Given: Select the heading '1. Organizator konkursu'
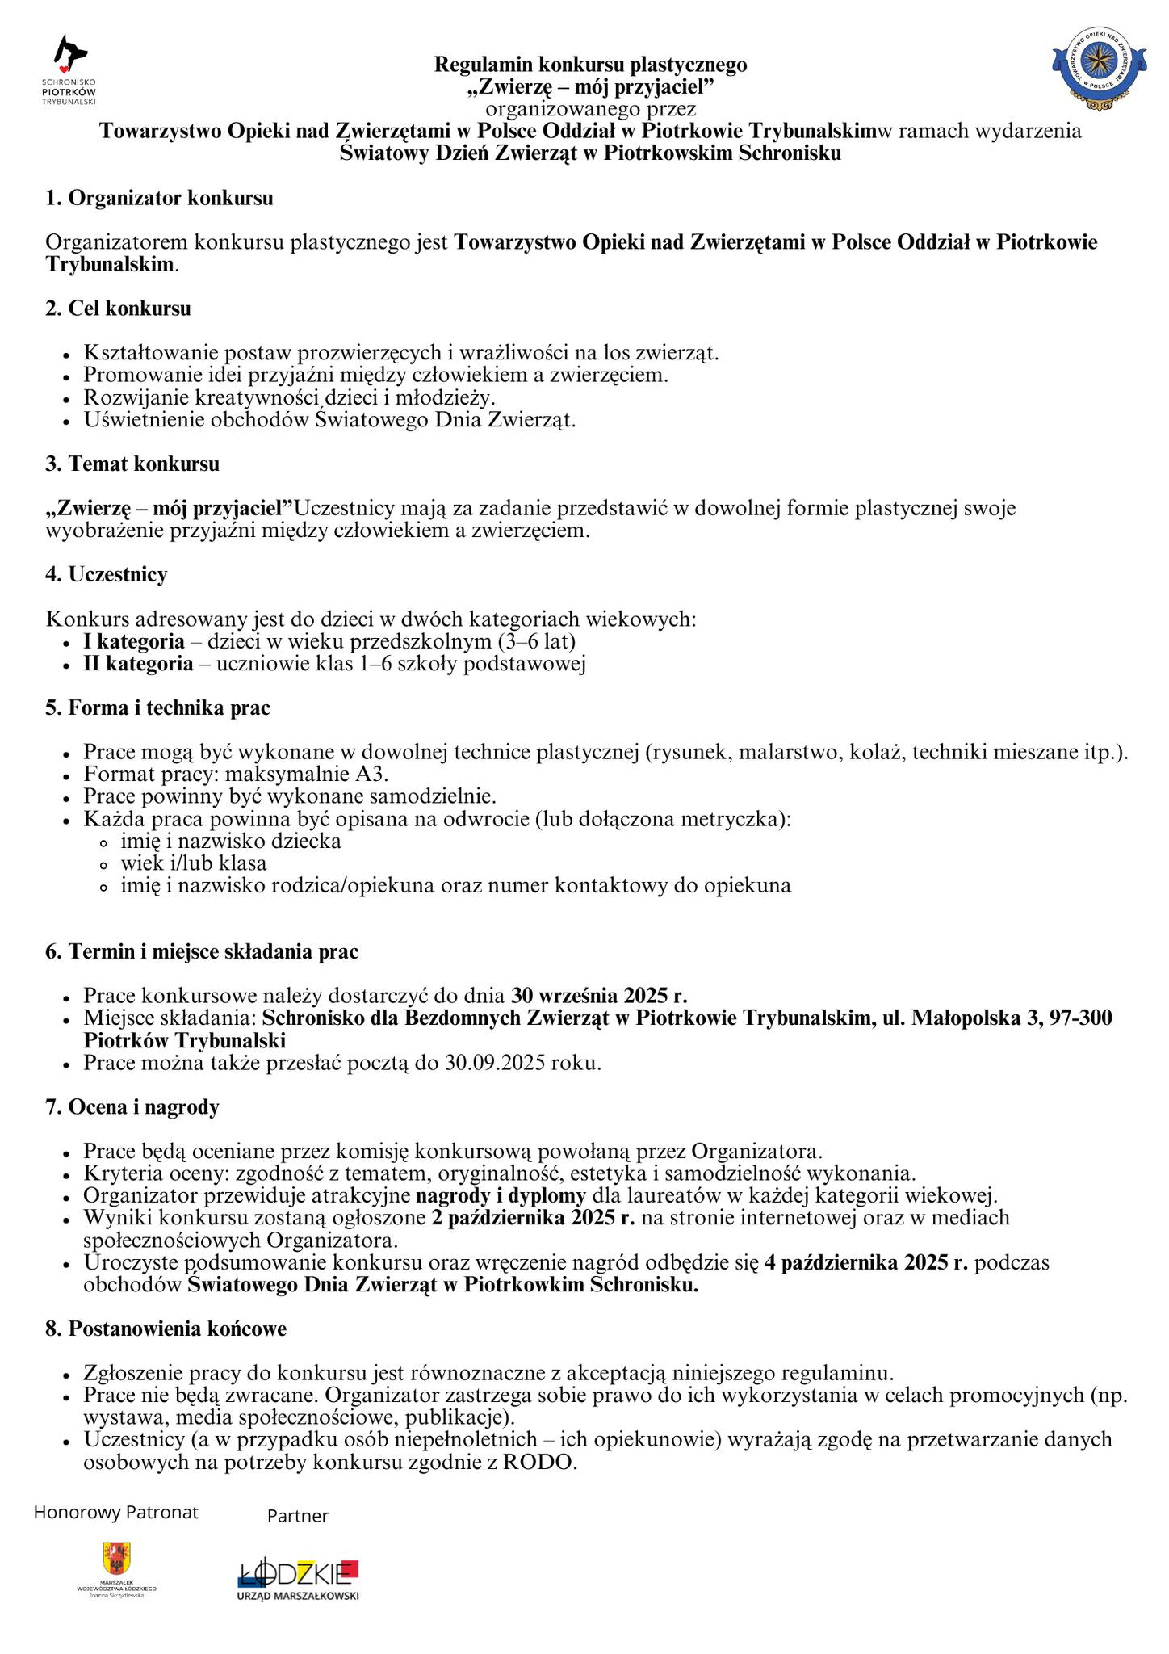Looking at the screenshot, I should click(159, 198).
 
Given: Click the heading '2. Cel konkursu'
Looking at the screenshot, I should click(118, 309).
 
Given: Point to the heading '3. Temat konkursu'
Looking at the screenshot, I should click(132, 464).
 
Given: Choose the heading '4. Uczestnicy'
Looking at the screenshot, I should click(107, 574).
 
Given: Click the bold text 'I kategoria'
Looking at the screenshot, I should click(134, 641).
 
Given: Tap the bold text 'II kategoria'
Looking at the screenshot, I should click(138, 664).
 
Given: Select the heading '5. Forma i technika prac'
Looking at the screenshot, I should click(157, 707).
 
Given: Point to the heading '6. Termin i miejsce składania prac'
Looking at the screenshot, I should click(202, 951).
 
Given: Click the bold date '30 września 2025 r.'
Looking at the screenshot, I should click(599, 996).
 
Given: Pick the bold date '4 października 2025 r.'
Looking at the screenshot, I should click(865, 1262).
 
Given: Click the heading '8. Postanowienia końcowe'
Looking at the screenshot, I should click(166, 1329).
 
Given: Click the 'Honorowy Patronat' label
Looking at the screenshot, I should click(115, 1512).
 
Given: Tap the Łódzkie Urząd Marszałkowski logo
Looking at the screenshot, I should click(298, 1578).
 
